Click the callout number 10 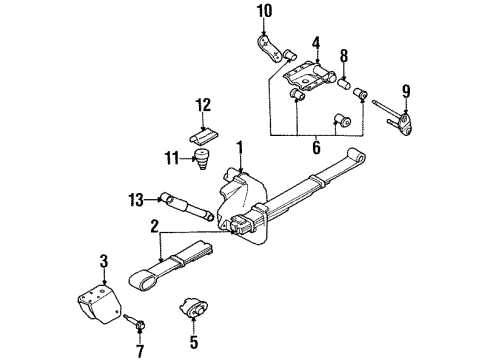(x=264, y=11)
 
